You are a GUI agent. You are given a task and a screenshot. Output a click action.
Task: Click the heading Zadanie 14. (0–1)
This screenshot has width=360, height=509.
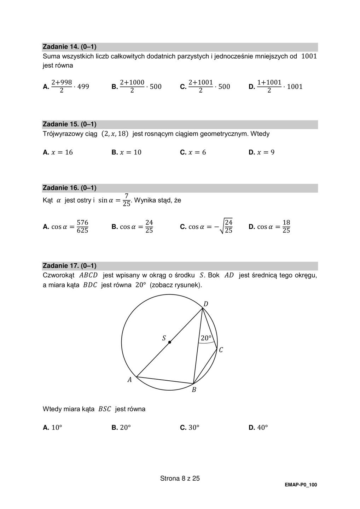click(70, 47)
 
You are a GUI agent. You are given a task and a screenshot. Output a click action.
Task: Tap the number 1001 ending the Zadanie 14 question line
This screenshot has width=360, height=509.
click(309, 56)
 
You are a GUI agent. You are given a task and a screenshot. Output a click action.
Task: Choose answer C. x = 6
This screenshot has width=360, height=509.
click(193, 152)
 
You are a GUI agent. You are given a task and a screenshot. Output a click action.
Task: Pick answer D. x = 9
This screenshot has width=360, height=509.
click(261, 152)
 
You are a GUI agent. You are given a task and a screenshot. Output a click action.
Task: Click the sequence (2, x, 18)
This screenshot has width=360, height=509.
click(115, 134)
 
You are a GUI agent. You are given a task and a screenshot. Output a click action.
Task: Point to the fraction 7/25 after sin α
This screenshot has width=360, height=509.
click(126, 200)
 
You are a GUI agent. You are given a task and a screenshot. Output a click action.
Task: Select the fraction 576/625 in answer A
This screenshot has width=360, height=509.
click(82, 227)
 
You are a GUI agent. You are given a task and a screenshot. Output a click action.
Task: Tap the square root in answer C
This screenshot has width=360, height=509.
click(225, 226)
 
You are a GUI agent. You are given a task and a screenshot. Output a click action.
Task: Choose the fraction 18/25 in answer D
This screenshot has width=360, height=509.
click(286, 227)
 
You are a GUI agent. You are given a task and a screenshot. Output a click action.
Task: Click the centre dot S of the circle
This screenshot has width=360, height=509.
click(170, 342)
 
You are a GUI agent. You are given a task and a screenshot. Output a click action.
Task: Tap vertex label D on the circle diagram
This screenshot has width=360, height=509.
click(206, 304)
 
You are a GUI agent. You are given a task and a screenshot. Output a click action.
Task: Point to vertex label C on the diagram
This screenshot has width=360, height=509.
click(221, 350)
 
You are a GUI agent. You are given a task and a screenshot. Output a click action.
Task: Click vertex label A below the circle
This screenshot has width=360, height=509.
click(129, 380)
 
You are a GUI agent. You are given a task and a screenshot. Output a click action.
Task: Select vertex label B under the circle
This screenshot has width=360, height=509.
click(194, 390)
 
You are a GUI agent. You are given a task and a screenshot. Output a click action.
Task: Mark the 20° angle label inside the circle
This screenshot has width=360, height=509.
click(206, 338)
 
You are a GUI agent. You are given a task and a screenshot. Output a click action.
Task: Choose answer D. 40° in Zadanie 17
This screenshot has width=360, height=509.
click(258, 427)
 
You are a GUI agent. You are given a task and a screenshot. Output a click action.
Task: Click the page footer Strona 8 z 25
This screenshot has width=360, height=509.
click(180, 479)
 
